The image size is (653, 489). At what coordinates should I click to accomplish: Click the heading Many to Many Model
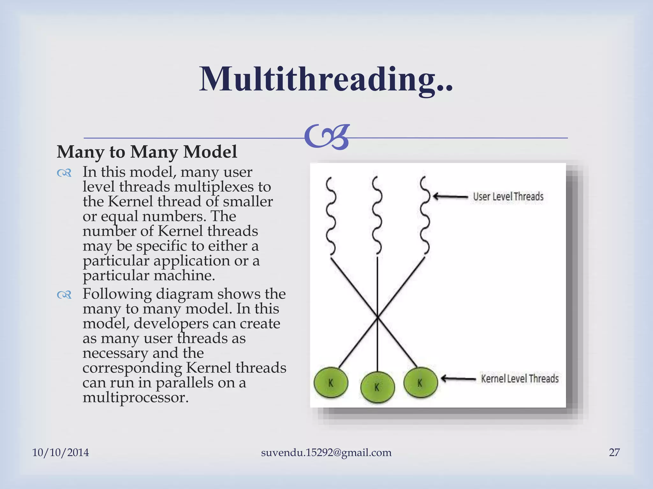pos(147,152)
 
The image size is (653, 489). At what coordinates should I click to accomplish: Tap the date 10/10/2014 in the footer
pos(61,452)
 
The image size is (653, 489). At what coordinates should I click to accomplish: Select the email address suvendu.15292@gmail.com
pos(326,452)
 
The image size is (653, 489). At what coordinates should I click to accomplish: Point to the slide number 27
pos(614,452)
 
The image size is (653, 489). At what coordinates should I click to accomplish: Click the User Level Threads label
pos(508,196)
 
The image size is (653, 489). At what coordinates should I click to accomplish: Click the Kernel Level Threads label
pos(520,379)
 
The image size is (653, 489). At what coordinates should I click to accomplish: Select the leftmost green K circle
pos(331,383)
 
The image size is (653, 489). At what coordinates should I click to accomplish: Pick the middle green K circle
pos(378,387)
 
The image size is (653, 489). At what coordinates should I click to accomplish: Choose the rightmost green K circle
pos(420,383)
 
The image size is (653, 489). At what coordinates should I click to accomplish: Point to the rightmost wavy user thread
pos(425,216)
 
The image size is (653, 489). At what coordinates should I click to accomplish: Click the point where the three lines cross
pos(378,317)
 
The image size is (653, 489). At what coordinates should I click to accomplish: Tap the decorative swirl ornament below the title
pos(327,137)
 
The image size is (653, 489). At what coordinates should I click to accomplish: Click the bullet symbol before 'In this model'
pos(64,173)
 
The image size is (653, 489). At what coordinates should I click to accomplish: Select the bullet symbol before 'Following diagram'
pos(64,295)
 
